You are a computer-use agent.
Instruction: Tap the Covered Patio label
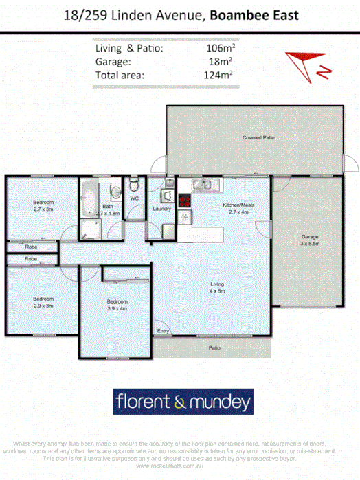click(258, 138)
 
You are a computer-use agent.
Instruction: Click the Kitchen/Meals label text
click(238, 205)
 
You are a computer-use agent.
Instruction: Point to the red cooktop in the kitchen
click(184, 201)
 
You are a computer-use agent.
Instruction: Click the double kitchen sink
click(204, 184)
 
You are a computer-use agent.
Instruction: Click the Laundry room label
click(161, 209)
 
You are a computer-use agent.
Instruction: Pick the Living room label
click(217, 284)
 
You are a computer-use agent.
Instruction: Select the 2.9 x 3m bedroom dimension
click(43, 306)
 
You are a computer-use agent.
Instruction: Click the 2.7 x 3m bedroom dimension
click(43, 209)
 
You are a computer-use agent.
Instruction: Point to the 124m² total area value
click(221, 75)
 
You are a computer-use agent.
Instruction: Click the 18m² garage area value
click(224, 60)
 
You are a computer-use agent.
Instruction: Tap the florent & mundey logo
click(183, 400)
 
